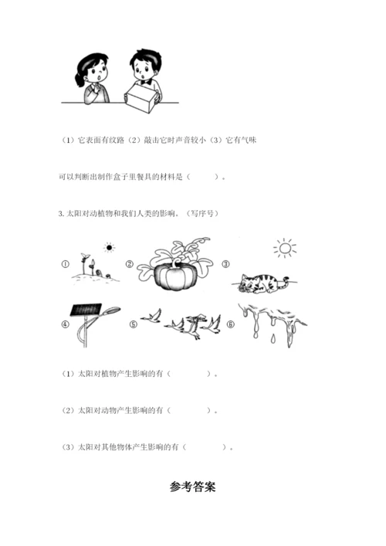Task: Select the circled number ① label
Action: click(x=66, y=264)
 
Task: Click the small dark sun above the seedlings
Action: click(x=110, y=248)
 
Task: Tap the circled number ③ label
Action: click(x=226, y=264)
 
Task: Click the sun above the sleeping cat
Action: click(x=285, y=248)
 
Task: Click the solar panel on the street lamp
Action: click(x=86, y=310)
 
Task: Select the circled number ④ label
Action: click(x=66, y=324)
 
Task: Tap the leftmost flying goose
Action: click(x=151, y=316)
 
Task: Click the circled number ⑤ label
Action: click(x=134, y=324)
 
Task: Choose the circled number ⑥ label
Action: click(x=230, y=324)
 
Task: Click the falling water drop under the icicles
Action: click(x=273, y=338)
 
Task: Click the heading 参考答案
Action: click(x=193, y=487)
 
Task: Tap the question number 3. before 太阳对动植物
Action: click(x=62, y=214)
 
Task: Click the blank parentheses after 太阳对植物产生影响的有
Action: click(x=189, y=374)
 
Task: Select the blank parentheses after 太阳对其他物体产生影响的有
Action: click(x=205, y=447)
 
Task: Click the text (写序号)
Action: click(x=202, y=213)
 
